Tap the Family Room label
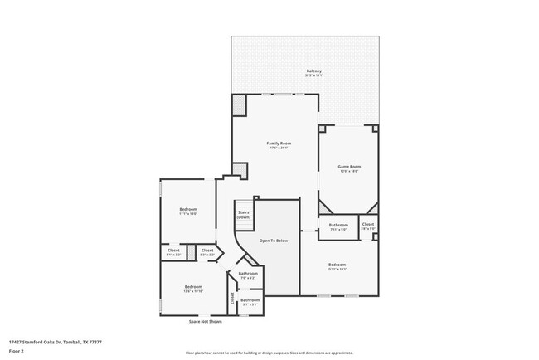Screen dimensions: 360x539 click(x=278, y=144)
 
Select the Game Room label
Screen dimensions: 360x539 click(x=348, y=167)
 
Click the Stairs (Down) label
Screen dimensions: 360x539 click(x=244, y=214)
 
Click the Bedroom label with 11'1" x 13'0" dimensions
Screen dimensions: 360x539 click(x=188, y=209)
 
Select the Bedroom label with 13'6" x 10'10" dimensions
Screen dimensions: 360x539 click(x=192, y=287)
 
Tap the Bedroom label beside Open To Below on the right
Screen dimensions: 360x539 click(x=336, y=265)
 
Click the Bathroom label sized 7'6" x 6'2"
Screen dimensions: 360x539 click(x=248, y=274)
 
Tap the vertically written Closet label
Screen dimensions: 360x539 click(x=232, y=299)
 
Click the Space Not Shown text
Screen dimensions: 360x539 click(x=205, y=321)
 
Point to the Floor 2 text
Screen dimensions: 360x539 click(x=16, y=349)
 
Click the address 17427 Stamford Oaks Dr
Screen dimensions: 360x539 click(x=50, y=341)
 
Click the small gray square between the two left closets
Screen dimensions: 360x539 click(x=191, y=251)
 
